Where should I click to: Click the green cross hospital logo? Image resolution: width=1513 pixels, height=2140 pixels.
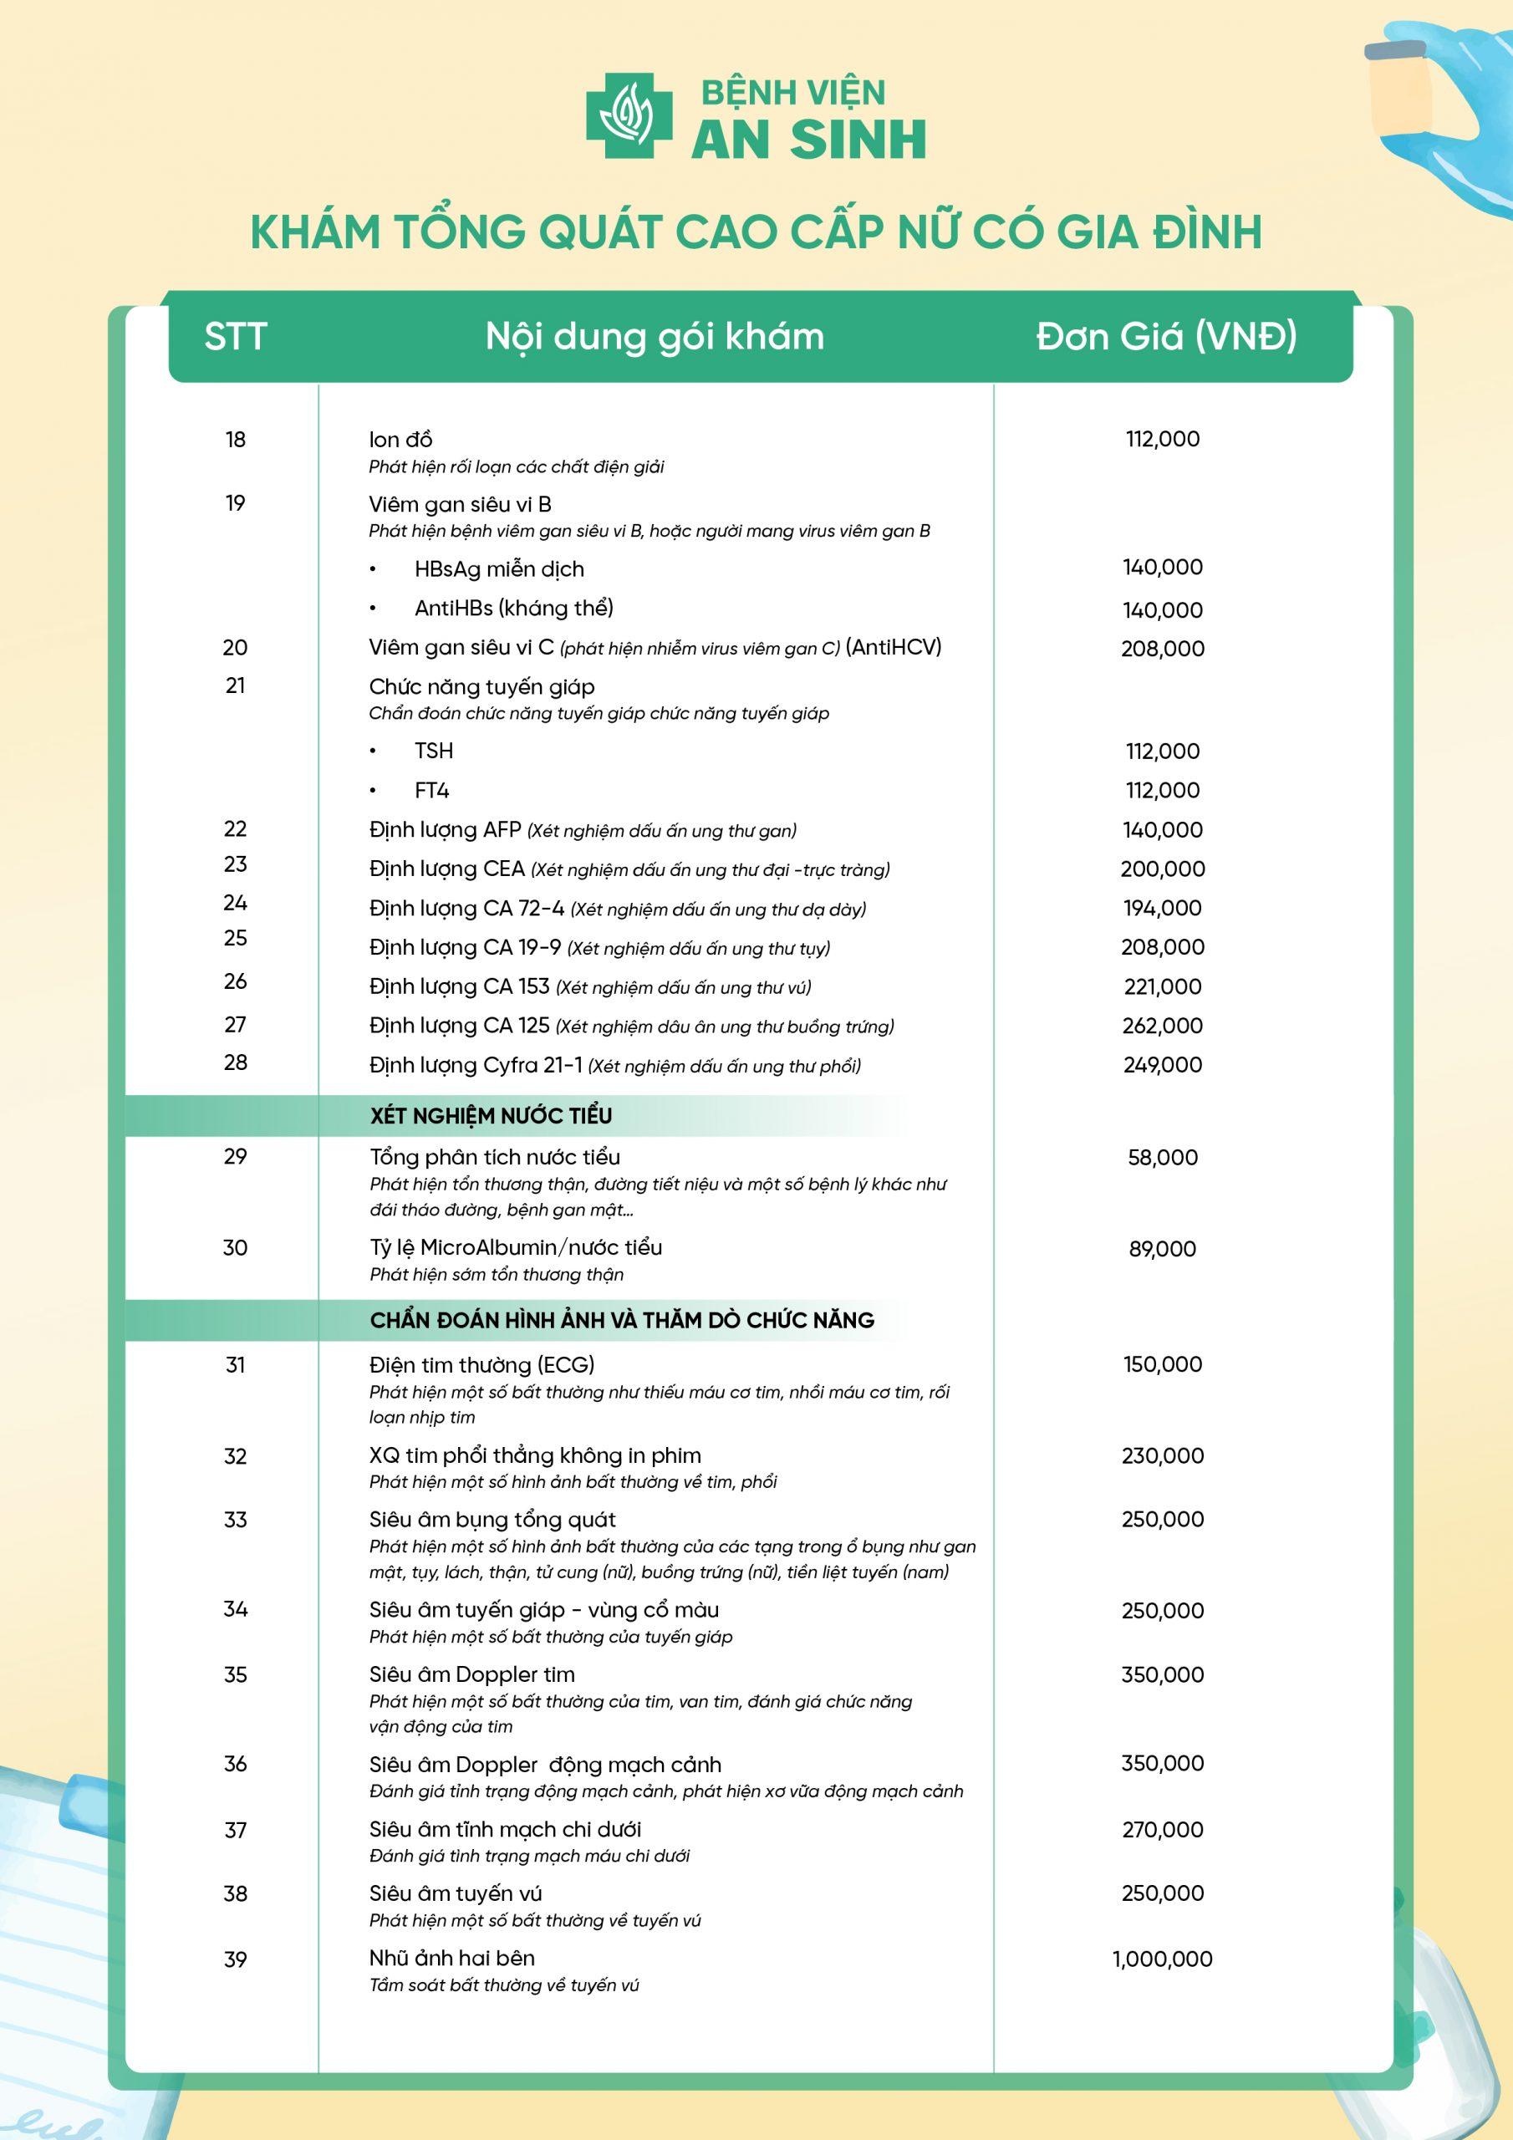point(629,115)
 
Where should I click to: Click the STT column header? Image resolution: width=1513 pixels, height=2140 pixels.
point(236,337)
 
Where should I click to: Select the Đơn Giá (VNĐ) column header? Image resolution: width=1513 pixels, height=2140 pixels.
point(1165,337)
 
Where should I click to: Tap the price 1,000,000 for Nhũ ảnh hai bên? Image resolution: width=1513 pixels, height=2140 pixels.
point(1162,1959)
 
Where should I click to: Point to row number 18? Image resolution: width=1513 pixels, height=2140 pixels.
point(235,439)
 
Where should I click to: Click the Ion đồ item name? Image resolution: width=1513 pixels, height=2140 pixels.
point(400,439)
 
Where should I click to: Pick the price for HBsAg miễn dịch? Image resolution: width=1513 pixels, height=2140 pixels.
point(1162,567)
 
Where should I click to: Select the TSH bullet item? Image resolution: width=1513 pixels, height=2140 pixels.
point(434,751)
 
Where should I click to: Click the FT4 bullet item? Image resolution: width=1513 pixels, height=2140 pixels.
point(431,791)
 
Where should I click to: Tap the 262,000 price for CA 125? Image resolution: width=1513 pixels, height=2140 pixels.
point(1162,1025)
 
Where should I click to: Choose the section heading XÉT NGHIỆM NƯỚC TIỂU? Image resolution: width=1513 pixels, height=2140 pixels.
point(491,1116)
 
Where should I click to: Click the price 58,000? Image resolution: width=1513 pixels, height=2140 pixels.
point(1162,1158)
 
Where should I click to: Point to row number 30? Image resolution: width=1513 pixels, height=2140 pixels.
point(235,1247)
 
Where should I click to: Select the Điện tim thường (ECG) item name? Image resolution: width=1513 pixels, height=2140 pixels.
point(481,1364)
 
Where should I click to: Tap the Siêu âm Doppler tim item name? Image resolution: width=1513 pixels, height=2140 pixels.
point(471,1674)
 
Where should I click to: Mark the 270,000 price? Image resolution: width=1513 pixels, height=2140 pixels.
point(1162,1830)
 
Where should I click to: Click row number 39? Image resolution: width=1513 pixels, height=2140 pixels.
point(235,1959)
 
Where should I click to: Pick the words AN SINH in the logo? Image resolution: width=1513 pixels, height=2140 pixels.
point(808,140)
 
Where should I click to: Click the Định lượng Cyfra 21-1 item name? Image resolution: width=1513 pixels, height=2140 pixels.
point(476,1064)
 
